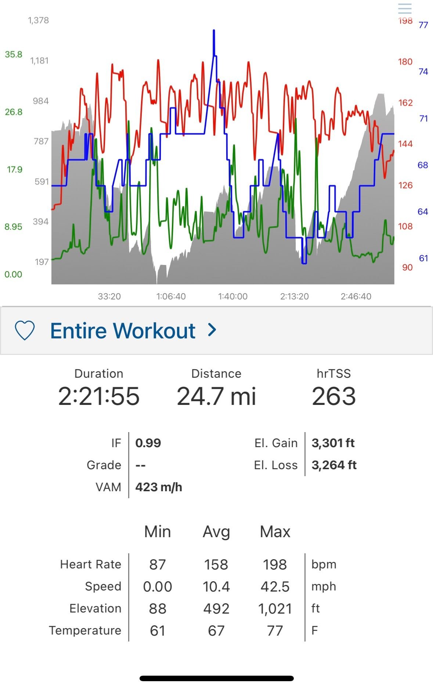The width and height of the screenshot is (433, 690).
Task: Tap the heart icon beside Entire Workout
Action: pyautogui.click(x=25, y=330)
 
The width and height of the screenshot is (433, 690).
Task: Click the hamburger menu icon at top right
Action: pyautogui.click(x=405, y=8)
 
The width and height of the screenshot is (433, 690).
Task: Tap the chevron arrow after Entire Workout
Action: pyautogui.click(x=212, y=330)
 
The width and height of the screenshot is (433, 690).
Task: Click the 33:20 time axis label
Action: pyautogui.click(x=109, y=297)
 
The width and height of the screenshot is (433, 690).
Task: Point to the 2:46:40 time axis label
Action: pyautogui.click(x=356, y=297)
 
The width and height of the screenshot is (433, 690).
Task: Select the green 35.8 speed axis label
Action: pyautogui.click(x=14, y=54)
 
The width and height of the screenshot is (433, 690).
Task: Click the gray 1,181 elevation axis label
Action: pyautogui.click(x=39, y=61)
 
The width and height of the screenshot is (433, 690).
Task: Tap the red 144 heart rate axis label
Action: pyautogui.click(x=405, y=144)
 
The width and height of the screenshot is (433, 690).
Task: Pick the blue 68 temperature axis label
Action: pyautogui.click(x=423, y=165)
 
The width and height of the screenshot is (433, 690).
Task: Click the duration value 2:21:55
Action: pyautogui.click(x=99, y=396)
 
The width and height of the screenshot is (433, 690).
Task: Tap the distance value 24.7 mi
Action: pyautogui.click(x=216, y=396)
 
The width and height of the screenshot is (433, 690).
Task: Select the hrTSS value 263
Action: pyautogui.click(x=334, y=396)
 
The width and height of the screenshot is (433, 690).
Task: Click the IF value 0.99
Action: pyautogui.click(x=148, y=443)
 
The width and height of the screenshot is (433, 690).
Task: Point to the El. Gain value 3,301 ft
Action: pyautogui.click(x=333, y=443)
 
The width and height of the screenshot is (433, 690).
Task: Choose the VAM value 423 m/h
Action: pyautogui.click(x=159, y=487)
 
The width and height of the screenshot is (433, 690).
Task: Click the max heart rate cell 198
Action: pyautogui.click(x=275, y=564)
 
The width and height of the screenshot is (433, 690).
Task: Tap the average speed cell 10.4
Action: pyautogui.click(x=216, y=586)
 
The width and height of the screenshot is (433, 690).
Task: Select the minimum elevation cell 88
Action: pyautogui.click(x=158, y=608)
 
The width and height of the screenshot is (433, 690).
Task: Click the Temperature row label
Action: pyautogui.click(x=85, y=630)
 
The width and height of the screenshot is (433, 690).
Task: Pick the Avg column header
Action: pyautogui.click(x=216, y=532)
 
